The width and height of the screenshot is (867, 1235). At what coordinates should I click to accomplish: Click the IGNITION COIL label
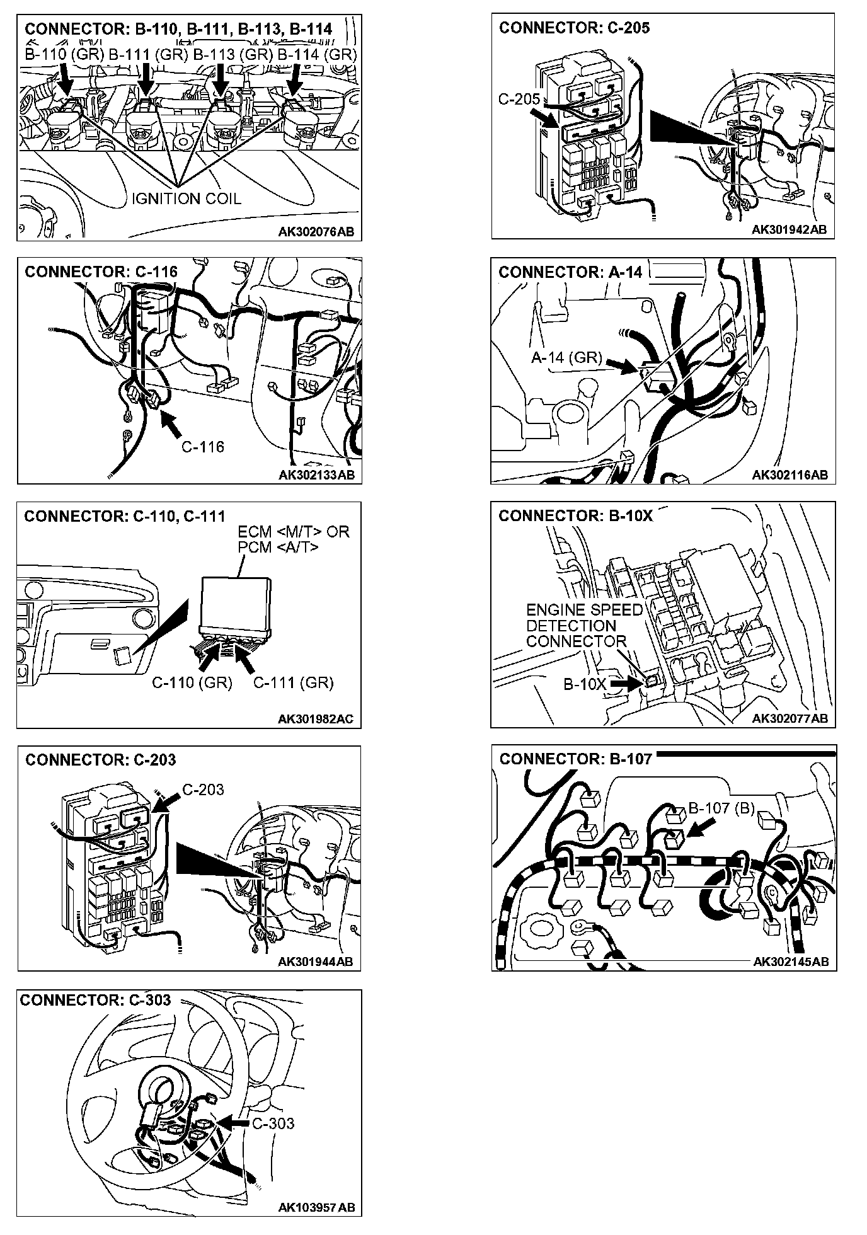coord(187,198)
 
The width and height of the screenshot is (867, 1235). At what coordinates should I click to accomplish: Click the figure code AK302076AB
coord(316,232)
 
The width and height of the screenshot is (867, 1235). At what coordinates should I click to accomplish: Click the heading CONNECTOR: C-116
coord(101,272)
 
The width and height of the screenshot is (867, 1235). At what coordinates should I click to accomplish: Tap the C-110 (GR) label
coord(192,682)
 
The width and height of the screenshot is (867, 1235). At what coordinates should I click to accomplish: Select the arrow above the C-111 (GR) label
coord(246,659)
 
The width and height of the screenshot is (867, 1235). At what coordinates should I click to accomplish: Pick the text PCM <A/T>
coord(278,547)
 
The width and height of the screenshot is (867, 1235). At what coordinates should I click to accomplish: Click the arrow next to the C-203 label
coord(165,801)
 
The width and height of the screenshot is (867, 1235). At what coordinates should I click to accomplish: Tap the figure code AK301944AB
coord(316,962)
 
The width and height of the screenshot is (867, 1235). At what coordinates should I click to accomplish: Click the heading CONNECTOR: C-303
coord(95,1001)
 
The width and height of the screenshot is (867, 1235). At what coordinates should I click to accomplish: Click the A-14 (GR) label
coord(566,358)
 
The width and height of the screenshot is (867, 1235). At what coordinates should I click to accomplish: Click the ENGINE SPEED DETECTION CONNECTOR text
coord(583,626)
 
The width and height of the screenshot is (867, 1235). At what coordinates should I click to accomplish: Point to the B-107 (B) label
coord(721,808)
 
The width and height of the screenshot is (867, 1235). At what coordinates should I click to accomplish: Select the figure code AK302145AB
coord(790,962)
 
